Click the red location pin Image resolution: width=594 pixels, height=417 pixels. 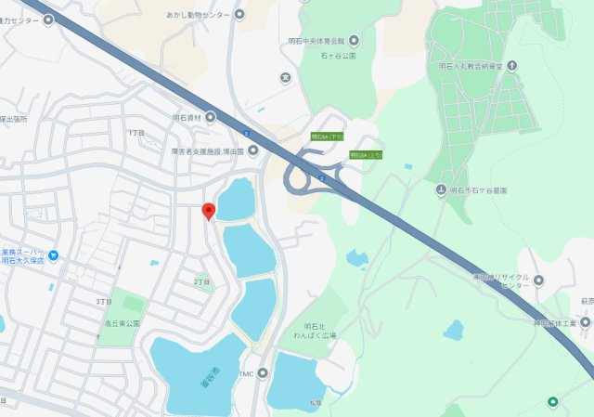point(209,211)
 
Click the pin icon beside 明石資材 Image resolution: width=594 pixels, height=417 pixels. point(210,117)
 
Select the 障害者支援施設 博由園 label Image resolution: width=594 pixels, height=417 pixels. point(207,150)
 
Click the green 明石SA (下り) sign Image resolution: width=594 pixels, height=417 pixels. point(327,137)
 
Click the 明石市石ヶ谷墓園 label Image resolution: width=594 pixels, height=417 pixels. point(480,190)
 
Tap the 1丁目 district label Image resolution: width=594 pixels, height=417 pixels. point(136,134)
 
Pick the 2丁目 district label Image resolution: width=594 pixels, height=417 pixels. point(201,280)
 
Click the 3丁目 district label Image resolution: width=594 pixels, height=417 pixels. point(104,302)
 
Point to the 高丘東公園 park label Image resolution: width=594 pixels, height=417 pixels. point(121,323)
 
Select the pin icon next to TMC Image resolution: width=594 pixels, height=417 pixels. point(263,373)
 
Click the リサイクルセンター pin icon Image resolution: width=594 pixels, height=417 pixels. point(538,280)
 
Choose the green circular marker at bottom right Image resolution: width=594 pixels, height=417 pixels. point(553,402)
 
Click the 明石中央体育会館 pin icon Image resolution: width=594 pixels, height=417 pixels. point(354,41)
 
